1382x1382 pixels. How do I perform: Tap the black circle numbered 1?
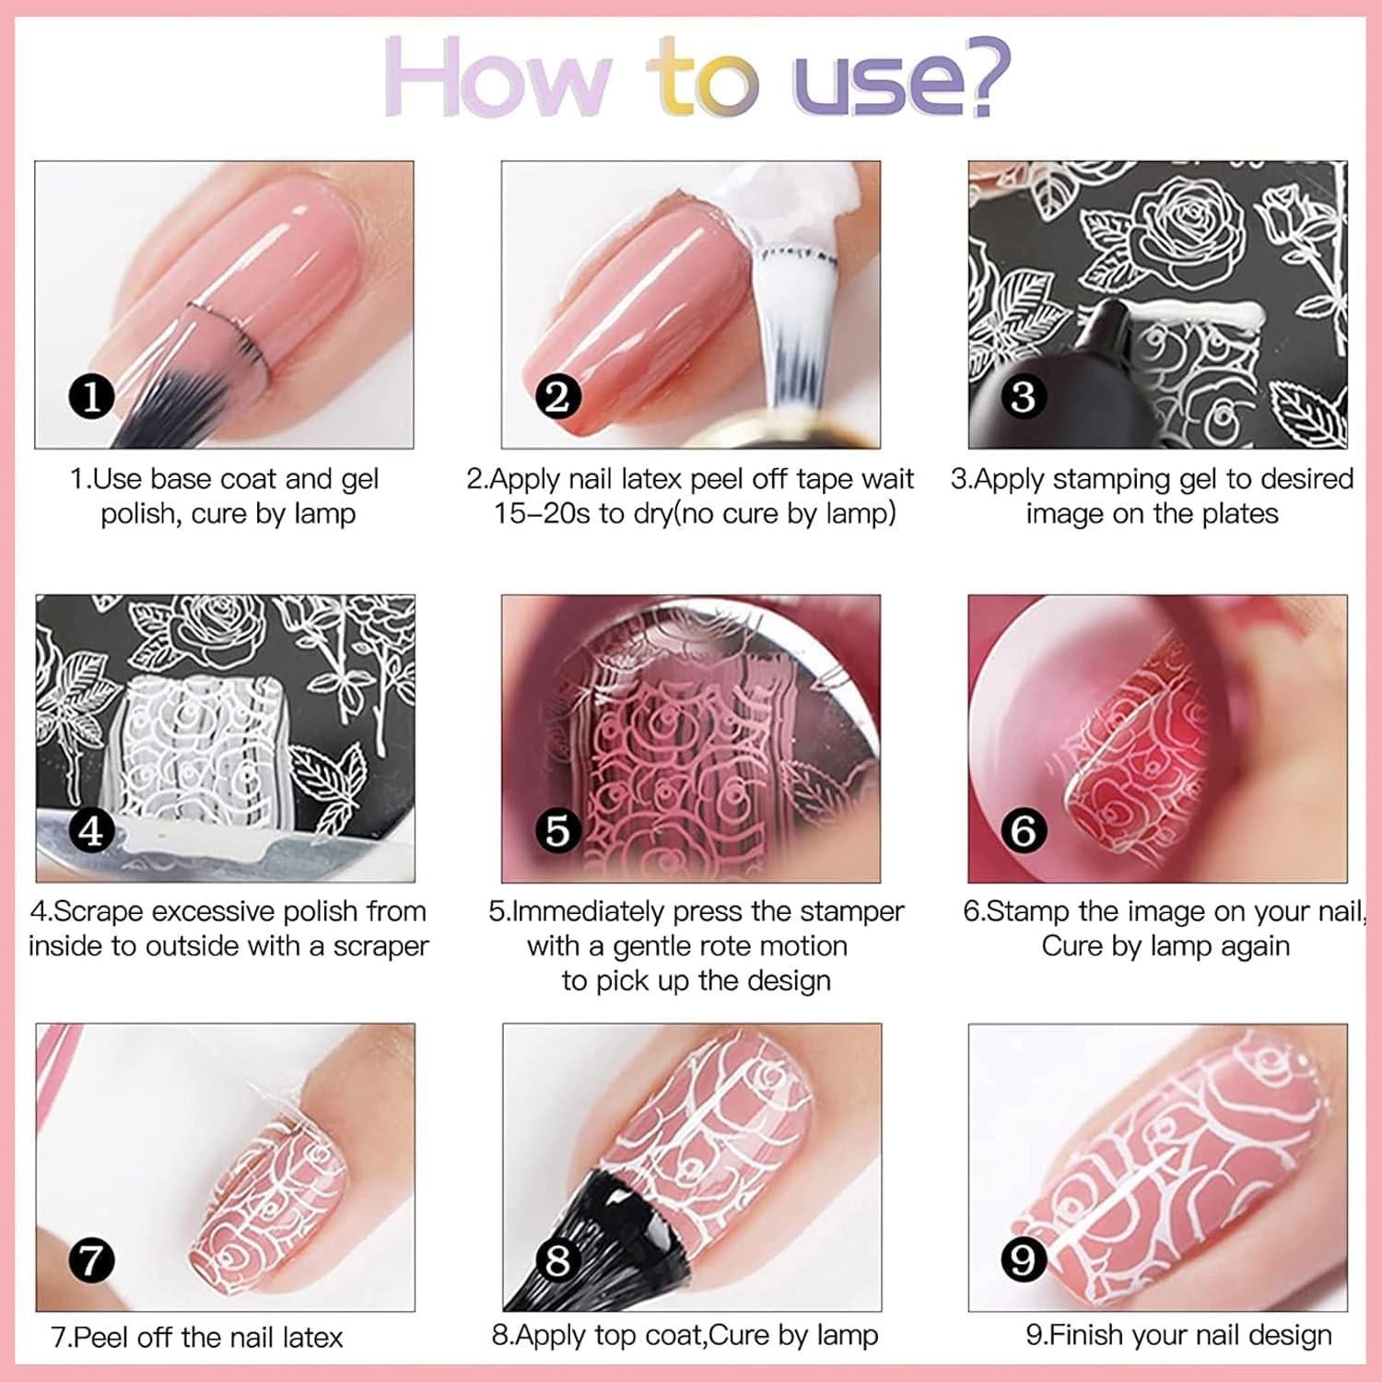point(91,397)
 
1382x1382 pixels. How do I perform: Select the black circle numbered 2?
point(557,397)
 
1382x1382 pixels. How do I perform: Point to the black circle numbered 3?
point(1024,396)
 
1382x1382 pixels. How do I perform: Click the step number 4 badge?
point(91,830)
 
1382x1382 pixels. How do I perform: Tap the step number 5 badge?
point(557,830)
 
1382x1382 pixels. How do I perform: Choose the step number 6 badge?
point(1024,830)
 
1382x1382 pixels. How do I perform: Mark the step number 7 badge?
point(91,1259)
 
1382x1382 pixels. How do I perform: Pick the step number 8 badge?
point(557,1259)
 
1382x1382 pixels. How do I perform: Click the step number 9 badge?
point(1024,1259)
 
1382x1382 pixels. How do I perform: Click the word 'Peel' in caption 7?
point(100,1337)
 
